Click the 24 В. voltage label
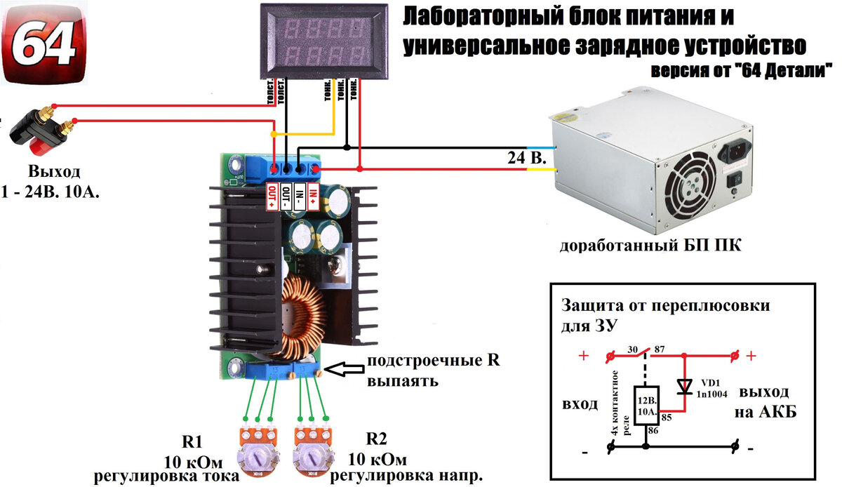526,159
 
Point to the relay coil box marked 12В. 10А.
646,406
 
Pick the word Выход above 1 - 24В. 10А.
54,171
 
